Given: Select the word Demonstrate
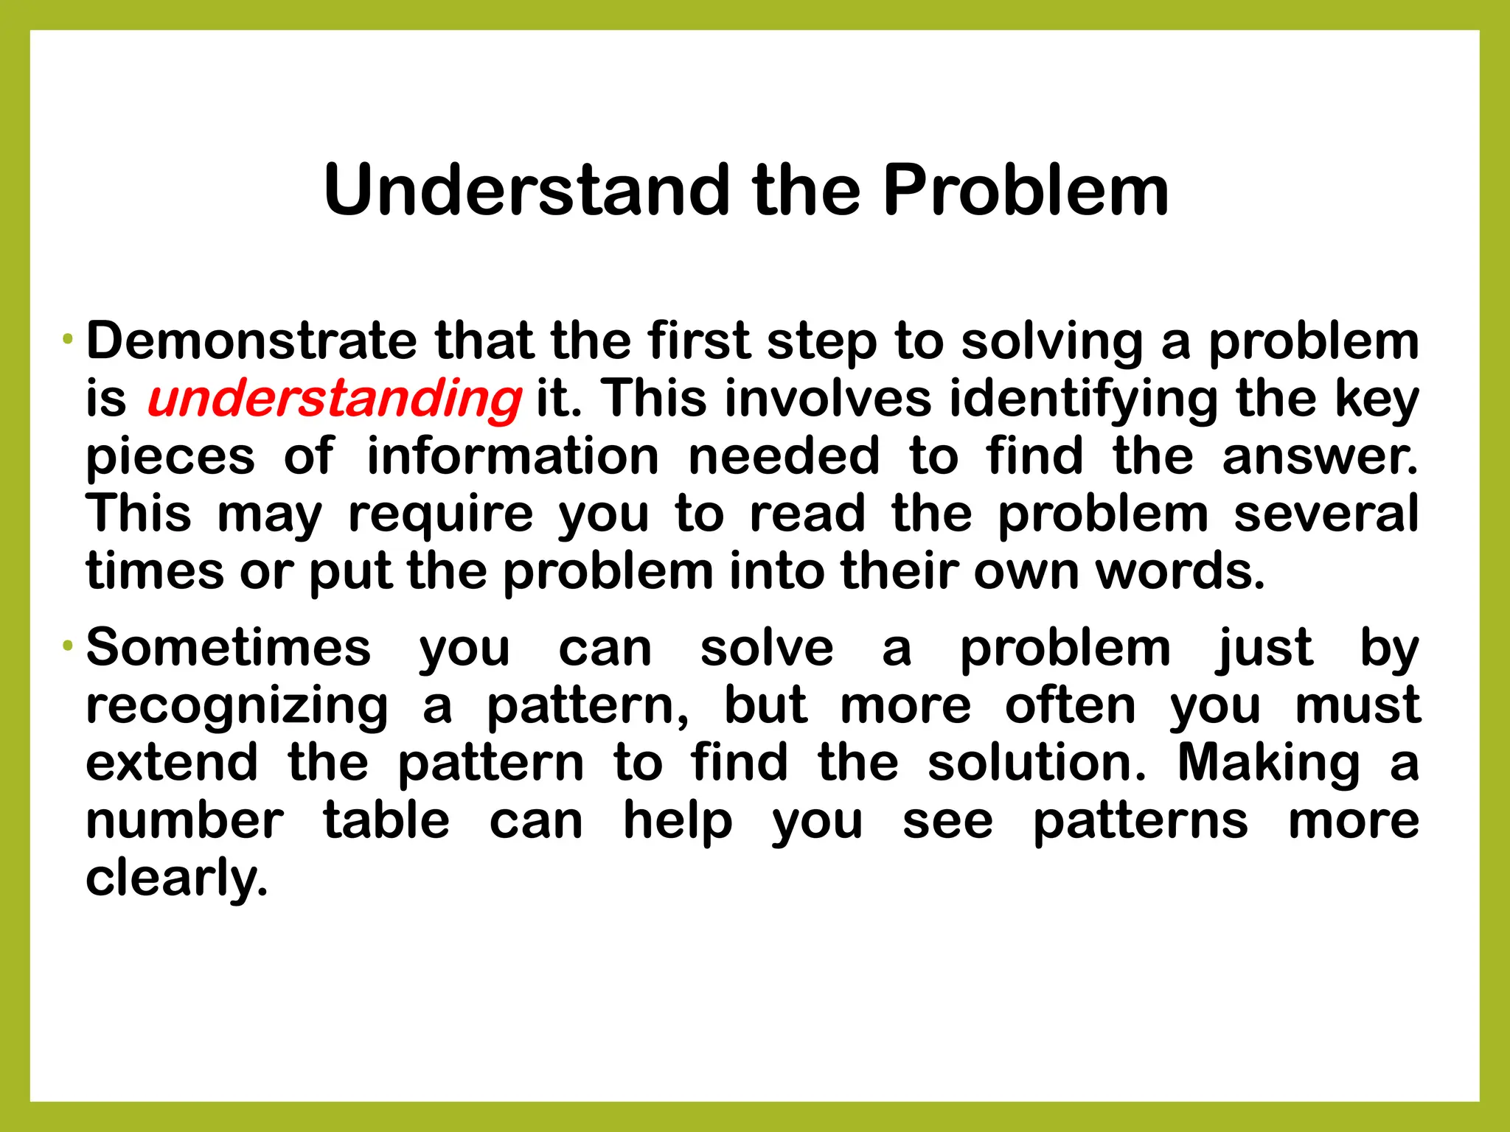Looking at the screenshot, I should click(251, 341).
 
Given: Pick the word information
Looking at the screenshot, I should click(512, 456).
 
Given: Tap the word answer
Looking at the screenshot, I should click(1319, 456).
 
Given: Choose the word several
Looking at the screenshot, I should click(1326, 514).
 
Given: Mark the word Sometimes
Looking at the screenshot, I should click(229, 648).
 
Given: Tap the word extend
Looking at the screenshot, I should click(173, 763).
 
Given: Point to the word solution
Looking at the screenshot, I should click(1037, 763).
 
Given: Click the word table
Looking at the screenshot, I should click(386, 820).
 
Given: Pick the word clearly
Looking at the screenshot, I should click(176, 879).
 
